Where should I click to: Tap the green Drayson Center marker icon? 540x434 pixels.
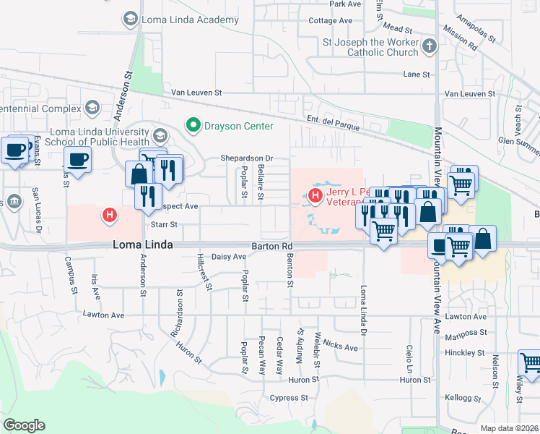(x=193, y=126)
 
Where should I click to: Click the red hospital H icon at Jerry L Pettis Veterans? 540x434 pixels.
(x=315, y=195)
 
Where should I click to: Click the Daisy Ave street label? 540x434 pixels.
(x=230, y=257)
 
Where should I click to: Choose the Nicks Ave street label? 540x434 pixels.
(x=341, y=347)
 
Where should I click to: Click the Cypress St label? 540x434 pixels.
(x=289, y=398)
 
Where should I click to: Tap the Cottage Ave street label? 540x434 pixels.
(x=334, y=21)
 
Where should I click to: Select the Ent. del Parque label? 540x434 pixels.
(x=332, y=128)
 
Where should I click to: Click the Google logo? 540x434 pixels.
(x=24, y=425)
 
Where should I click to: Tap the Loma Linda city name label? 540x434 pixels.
(x=143, y=245)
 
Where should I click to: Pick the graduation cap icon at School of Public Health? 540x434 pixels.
(x=160, y=135)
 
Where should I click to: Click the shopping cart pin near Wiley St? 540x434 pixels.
(x=531, y=362)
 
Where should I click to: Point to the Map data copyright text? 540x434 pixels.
(x=510, y=429)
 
